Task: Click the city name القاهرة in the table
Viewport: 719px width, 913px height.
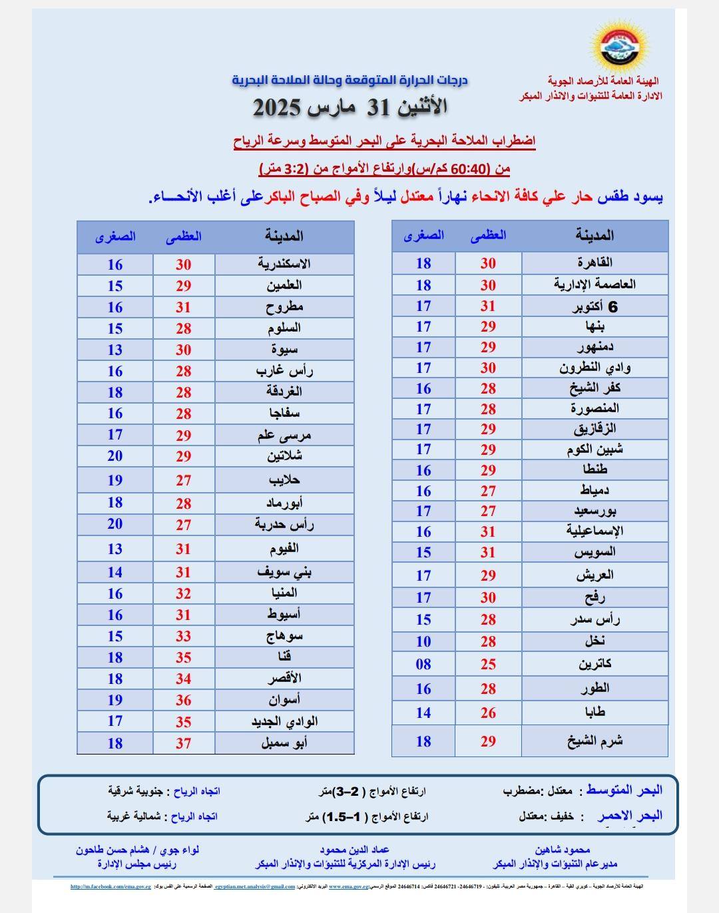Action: [595, 262]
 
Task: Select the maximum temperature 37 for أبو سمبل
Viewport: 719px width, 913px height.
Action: [184, 743]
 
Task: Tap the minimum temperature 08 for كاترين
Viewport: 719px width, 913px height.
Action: [423, 664]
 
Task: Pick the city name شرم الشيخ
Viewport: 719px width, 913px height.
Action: [595, 741]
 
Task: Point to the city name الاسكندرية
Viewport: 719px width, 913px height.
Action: [284, 264]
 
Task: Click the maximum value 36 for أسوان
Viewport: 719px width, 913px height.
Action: [184, 700]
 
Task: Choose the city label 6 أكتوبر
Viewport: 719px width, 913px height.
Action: [595, 306]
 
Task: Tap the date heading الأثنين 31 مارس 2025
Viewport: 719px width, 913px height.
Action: [350, 107]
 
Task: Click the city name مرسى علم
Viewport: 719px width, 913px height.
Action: [284, 436]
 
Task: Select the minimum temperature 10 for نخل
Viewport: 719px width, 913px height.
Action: [423, 641]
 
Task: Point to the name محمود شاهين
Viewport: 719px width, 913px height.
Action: [563, 850]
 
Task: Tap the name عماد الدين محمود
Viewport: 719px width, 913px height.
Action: [354, 850]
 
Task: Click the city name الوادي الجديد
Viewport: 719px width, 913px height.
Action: [284, 721]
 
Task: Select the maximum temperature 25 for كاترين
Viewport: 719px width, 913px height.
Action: [488, 664]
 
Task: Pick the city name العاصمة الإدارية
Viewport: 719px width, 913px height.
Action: [595, 284]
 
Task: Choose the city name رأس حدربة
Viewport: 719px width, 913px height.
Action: [284, 525]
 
